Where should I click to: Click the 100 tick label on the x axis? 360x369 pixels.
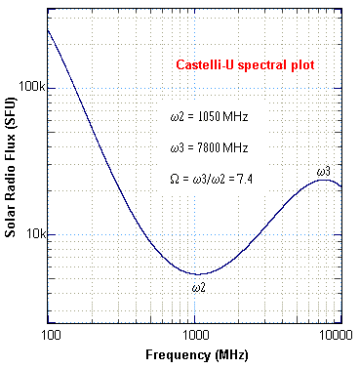49,335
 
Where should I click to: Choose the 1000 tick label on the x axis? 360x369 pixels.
194,335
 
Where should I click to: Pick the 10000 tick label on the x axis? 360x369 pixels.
337,335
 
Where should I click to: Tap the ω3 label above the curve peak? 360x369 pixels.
324,172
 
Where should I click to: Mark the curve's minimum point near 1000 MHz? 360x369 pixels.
197,274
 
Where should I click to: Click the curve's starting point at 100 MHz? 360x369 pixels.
49,30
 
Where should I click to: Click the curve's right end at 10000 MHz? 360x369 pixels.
340,185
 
